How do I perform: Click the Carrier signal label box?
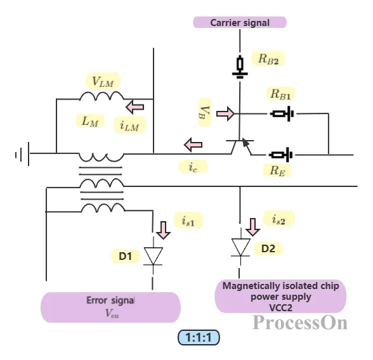(x=240, y=22)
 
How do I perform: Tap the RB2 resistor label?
(x=268, y=58)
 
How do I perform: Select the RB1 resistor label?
(x=280, y=94)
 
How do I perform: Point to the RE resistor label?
(x=277, y=170)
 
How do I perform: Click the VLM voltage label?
(x=103, y=81)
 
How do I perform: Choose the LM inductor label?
(x=90, y=121)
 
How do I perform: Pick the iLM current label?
(x=129, y=125)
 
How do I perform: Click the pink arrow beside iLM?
(x=135, y=107)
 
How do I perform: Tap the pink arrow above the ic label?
(x=193, y=145)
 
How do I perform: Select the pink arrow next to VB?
(x=225, y=113)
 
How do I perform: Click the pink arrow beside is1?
(x=163, y=230)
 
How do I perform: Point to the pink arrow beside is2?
(x=252, y=227)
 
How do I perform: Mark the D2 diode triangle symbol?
(x=241, y=247)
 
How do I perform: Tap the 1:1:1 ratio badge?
(x=199, y=337)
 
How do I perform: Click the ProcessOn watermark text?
(x=299, y=323)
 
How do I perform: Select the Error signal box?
(x=110, y=307)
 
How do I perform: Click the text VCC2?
(x=280, y=308)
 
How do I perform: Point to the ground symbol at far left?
(x=23, y=154)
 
